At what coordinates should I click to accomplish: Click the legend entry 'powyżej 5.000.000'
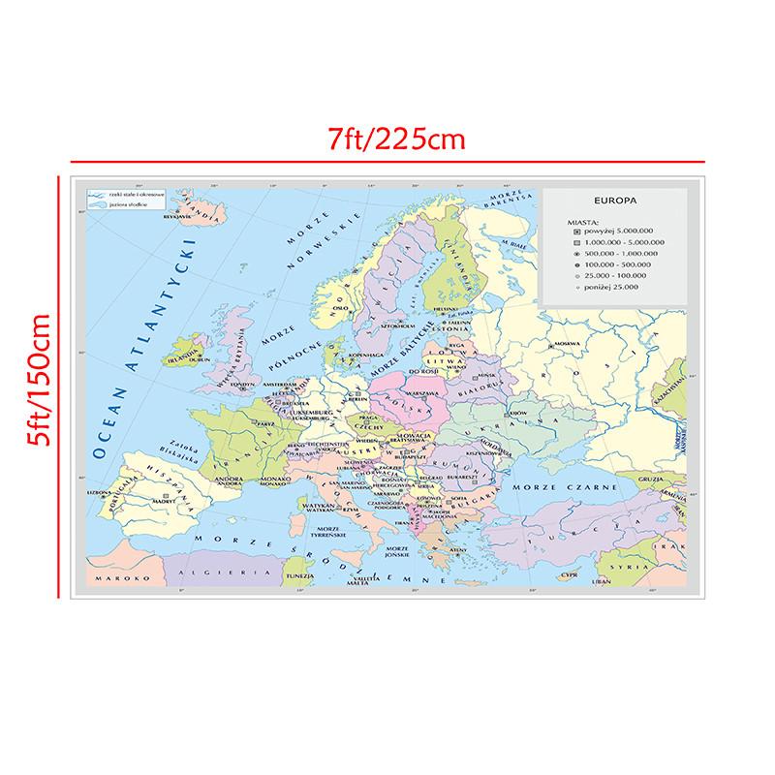(x=621, y=231)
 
